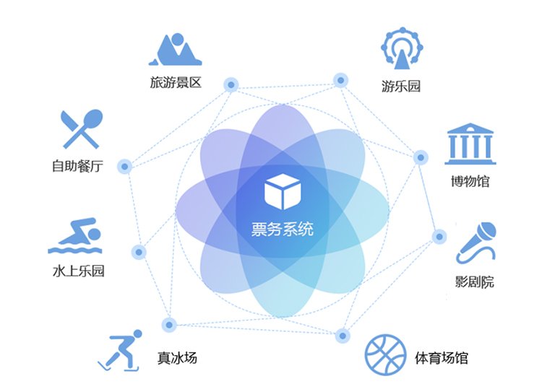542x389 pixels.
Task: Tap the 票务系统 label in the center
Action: [x=283, y=230]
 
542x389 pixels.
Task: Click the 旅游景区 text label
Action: [x=176, y=84]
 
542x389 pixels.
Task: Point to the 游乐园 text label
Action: [x=401, y=87]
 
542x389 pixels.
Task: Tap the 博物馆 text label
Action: [x=470, y=180]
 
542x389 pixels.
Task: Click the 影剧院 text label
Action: [x=475, y=281]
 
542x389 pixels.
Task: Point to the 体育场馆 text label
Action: [x=442, y=357]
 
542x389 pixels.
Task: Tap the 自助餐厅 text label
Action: [x=78, y=166]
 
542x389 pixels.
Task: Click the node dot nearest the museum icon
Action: [x=420, y=157]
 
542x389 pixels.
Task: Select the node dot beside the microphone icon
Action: [x=439, y=236]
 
